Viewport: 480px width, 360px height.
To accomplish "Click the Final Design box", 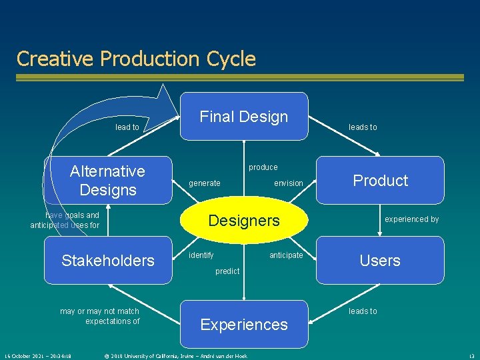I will click(244, 117).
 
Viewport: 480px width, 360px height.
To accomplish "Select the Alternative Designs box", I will click(107, 180).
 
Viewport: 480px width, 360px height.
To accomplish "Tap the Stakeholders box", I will click(108, 260).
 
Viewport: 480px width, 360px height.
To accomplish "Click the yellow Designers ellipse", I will click(244, 221).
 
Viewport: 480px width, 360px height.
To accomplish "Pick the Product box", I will click(380, 180).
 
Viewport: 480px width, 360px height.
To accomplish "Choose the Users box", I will click(380, 260).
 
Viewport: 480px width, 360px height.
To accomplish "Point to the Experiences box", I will click(244, 325).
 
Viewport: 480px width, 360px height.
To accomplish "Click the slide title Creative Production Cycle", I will click(136, 59).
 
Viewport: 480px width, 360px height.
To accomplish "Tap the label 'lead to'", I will click(127, 127).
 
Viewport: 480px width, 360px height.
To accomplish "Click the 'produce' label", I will click(263, 167).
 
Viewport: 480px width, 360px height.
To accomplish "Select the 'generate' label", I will click(205, 183).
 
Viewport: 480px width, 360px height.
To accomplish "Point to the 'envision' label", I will click(289, 183).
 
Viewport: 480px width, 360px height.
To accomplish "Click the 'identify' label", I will click(201, 255).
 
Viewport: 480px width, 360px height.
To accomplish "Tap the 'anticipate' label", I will click(286, 255).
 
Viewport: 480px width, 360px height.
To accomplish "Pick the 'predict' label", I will click(227, 271).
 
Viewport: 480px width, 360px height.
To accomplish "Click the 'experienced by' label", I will click(412, 219).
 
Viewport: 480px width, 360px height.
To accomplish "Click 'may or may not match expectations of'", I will click(100, 316).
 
